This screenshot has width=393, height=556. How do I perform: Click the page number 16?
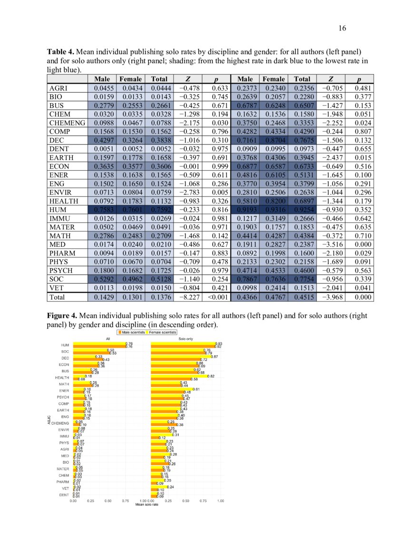click(x=342, y=28)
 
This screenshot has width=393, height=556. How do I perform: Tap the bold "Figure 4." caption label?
click(x=62, y=315)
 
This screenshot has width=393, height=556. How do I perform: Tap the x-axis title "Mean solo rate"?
click(x=147, y=504)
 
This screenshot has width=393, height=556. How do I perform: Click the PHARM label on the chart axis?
click(x=63, y=482)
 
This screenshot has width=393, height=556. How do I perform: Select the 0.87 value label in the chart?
click(x=215, y=356)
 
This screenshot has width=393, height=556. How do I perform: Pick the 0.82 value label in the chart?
click(x=211, y=376)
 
